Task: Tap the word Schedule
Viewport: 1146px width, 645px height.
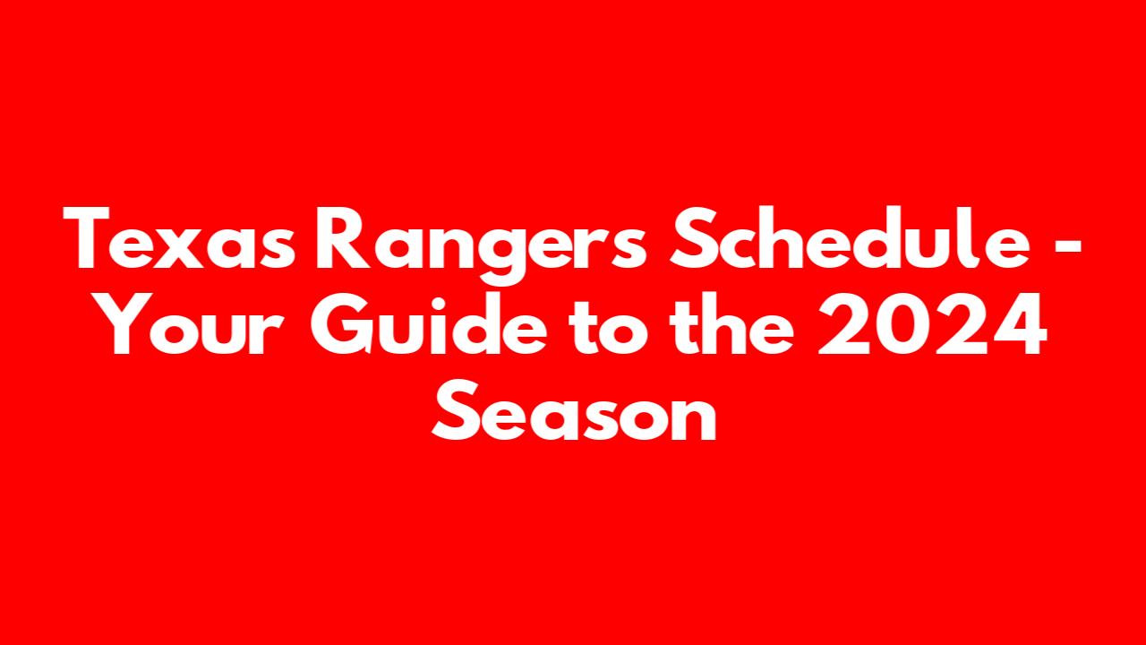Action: click(x=851, y=238)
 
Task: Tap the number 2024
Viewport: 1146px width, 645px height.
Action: click(x=933, y=324)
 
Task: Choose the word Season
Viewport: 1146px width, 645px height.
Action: click(x=574, y=409)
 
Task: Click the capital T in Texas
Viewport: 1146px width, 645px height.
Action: click(x=86, y=238)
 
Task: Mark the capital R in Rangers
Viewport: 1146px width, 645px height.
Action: click(x=343, y=238)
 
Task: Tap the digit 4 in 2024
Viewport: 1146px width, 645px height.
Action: click(x=1019, y=324)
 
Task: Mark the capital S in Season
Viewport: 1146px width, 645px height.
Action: click(x=457, y=409)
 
